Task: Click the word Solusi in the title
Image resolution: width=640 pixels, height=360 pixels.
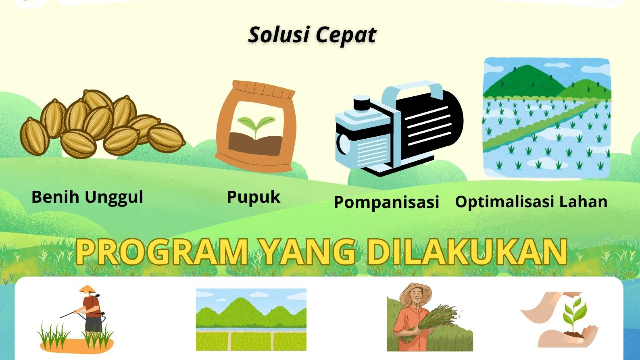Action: [279, 35]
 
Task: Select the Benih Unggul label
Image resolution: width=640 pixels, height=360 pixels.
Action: [87, 197]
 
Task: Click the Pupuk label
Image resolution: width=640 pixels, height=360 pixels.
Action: [253, 197]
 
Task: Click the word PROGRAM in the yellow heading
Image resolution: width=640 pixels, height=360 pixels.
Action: [162, 252]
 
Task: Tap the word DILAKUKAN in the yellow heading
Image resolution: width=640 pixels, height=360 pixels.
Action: [467, 252]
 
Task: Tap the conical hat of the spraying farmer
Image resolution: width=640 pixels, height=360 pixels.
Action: [87, 289]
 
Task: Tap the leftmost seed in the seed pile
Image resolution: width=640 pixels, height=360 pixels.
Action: [34, 137]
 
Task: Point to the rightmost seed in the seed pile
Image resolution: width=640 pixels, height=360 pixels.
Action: [166, 138]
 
